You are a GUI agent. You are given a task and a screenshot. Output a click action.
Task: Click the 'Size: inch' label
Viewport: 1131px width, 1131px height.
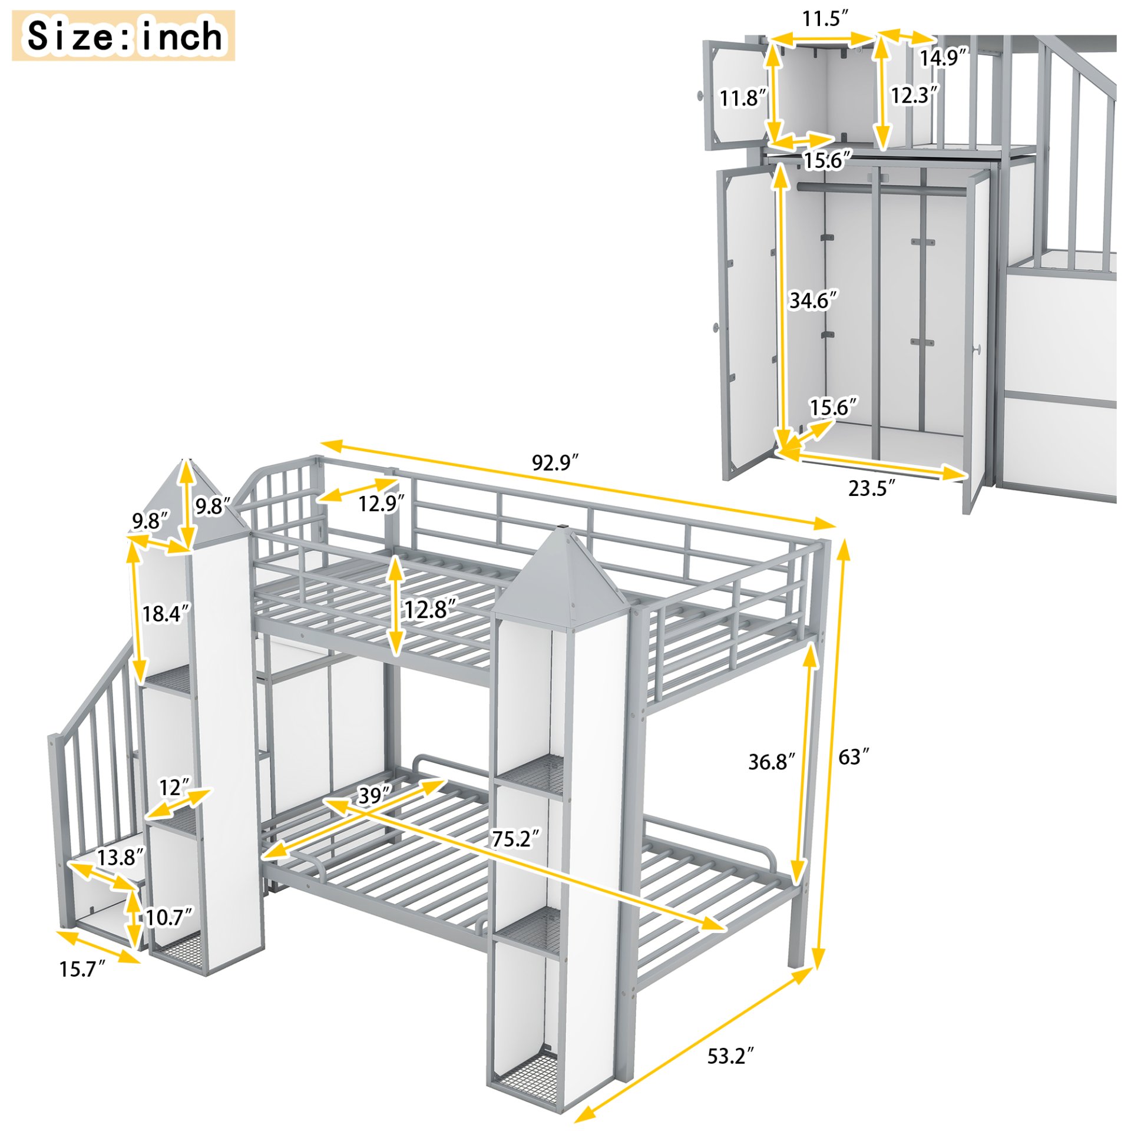pyautogui.click(x=123, y=35)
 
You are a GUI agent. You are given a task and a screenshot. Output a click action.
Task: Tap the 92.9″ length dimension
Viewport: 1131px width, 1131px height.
pyautogui.click(x=555, y=462)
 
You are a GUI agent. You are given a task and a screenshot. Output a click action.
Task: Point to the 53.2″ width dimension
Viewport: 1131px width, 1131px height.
pyautogui.click(x=730, y=1056)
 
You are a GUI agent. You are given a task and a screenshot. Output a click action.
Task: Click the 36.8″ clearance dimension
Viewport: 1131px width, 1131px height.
pyautogui.click(x=771, y=762)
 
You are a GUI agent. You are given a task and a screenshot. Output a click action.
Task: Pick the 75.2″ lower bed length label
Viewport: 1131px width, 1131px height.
pyautogui.click(x=515, y=839)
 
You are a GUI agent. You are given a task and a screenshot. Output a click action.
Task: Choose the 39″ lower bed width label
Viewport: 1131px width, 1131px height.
pyautogui.click(x=374, y=796)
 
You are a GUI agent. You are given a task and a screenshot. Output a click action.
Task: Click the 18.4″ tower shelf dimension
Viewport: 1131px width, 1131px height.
pyautogui.click(x=166, y=613)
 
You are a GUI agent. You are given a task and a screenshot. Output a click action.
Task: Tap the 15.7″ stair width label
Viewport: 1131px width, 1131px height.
pyautogui.click(x=82, y=969)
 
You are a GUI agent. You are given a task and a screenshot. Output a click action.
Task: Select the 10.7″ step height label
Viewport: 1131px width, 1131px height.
pyautogui.click(x=168, y=917)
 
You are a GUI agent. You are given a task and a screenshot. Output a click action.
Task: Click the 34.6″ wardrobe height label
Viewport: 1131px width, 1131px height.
pyautogui.click(x=813, y=300)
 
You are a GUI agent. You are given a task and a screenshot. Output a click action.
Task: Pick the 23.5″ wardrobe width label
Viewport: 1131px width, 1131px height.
pyautogui.click(x=871, y=488)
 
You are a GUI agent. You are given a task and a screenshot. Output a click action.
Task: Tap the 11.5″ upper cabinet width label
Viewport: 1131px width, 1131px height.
pyautogui.click(x=825, y=19)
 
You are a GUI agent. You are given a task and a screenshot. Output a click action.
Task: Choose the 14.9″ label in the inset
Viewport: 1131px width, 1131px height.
pyautogui.click(x=943, y=58)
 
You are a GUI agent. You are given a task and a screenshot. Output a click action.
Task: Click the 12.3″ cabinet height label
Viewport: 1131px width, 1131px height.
pyautogui.click(x=914, y=95)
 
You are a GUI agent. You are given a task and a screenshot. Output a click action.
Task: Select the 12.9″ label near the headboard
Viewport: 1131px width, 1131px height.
pyautogui.click(x=381, y=503)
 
